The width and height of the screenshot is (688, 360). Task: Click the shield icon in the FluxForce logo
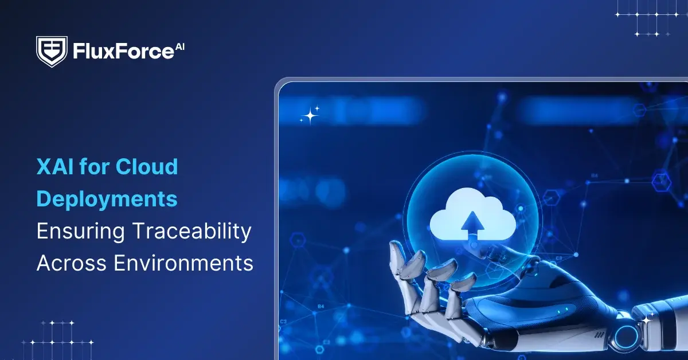click(x=52, y=52)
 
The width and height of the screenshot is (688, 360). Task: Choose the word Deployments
click(x=107, y=199)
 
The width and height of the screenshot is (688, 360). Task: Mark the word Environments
click(x=183, y=263)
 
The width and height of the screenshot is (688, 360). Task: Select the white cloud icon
click(x=472, y=218)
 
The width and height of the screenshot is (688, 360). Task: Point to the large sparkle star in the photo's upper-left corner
click(x=310, y=116)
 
